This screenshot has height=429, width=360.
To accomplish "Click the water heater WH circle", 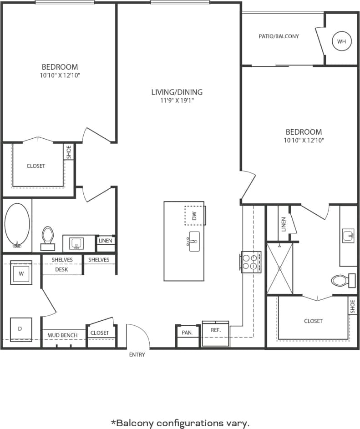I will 341,41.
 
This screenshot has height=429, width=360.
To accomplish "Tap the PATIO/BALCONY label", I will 279,36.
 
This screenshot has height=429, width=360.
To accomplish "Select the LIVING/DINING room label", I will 177,92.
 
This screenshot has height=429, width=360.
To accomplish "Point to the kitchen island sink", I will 193,240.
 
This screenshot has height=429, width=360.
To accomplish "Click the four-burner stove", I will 251,262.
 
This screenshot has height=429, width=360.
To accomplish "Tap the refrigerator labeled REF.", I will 215,331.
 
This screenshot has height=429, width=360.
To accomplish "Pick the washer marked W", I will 21,273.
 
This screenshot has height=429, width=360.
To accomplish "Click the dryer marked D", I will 21,328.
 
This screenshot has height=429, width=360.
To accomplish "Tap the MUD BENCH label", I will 63,335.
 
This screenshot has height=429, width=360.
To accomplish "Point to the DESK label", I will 61,269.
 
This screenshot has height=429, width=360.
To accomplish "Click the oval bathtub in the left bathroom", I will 17,225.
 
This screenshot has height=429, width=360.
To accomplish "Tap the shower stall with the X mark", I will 279,268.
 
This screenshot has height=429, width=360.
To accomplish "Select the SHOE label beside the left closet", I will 69,152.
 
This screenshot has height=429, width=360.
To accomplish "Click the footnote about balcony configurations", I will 180,423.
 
